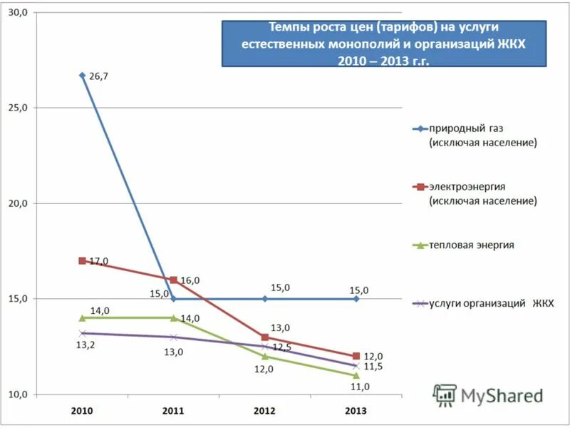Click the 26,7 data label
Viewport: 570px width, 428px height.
[99, 76]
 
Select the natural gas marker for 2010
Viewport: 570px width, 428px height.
[82, 75]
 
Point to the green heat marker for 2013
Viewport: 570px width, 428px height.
[356, 375]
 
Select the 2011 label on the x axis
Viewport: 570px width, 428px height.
[173, 411]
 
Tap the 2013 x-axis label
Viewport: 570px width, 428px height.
[356, 411]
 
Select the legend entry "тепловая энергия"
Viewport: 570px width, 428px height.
[471, 245]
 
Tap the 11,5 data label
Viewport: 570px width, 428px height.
[373, 367]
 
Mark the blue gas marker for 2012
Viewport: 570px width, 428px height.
[264, 299]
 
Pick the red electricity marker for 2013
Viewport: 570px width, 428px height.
[356, 356]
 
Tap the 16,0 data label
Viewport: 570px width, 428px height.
[190, 280]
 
